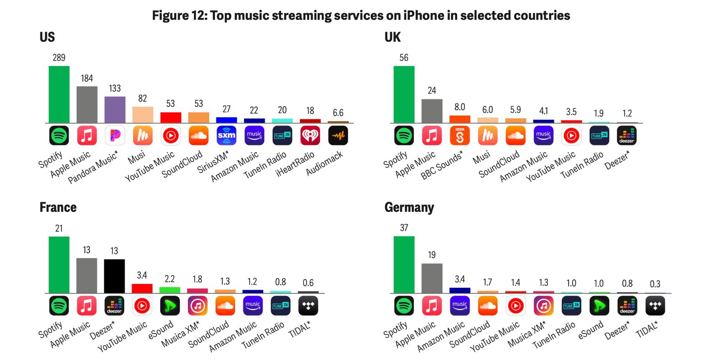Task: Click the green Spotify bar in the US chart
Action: [59, 94]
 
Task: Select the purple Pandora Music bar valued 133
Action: [115, 109]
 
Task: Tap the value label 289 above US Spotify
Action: [59, 57]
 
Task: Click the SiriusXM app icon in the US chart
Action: [227, 135]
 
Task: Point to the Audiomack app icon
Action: [338, 135]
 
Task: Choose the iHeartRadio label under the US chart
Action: [295, 164]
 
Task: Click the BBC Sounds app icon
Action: [460, 135]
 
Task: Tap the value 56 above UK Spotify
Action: [404, 57]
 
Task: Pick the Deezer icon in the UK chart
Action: [627, 135]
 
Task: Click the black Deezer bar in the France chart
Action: [114, 276]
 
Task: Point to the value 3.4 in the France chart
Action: [142, 275]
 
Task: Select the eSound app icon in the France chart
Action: [170, 306]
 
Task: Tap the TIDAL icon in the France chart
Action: [308, 306]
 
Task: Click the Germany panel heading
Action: [409, 207]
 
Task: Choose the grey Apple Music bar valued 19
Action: [432, 278]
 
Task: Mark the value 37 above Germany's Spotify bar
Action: [404, 228]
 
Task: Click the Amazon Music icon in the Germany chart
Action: [460, 306]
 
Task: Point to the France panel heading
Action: [58, 207]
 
